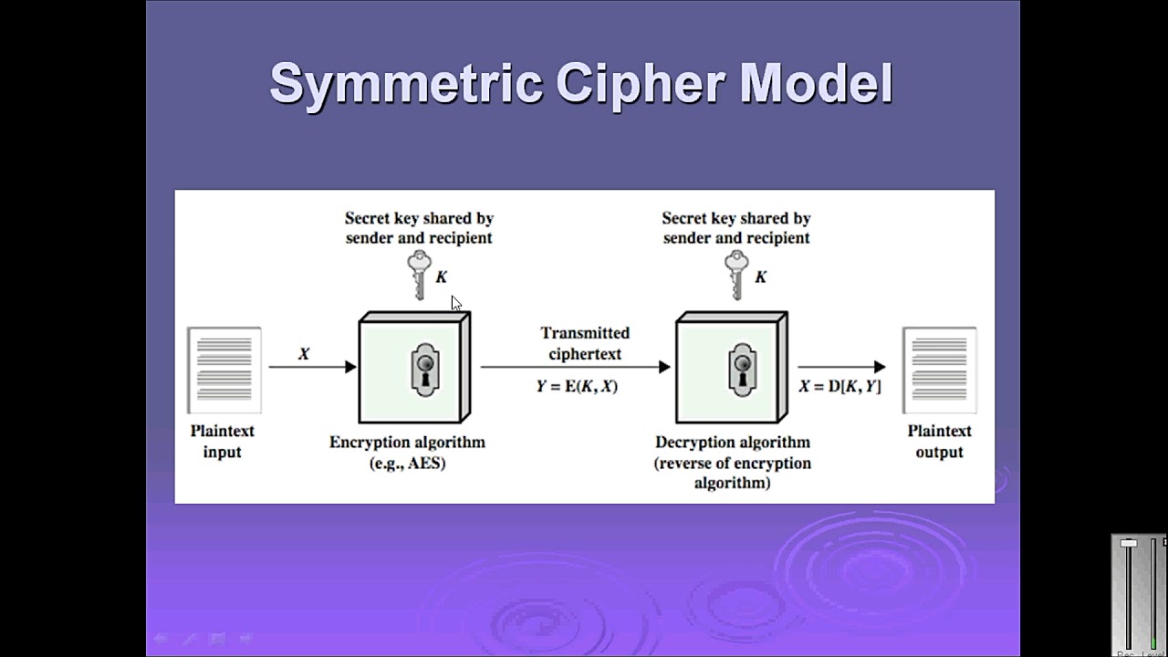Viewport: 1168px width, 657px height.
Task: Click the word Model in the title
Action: [x=816, y=84]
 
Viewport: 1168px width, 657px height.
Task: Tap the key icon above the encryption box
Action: [x=419, y=275]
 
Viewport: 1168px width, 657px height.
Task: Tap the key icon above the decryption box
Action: [x=736, y=275]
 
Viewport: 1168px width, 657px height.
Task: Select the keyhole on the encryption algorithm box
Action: [x=423, y=370]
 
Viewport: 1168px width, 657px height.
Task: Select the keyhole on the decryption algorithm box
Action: [x=741, y=370]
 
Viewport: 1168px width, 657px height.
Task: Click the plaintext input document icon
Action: [x=224, y=370]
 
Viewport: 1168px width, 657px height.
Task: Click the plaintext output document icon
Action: [x=939, y=370]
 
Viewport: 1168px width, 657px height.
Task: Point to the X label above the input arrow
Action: [x=304, y=353]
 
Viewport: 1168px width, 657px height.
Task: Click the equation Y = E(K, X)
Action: [x=577, y=386]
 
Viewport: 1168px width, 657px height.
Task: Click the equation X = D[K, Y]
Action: [x=839, y=386]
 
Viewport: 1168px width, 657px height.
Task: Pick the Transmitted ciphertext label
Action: [x=585, y=343]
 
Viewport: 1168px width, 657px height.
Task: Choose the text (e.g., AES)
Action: [x=407, y=463]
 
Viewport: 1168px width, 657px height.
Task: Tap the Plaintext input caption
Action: [x=222, y=441]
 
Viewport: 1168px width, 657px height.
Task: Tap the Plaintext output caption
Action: [x=939, y=441]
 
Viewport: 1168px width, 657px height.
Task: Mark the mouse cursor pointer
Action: [x=455, y=303]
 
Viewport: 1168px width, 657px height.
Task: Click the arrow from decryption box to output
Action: [x=840, y=367]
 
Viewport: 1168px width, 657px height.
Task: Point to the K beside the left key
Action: [x=442, y=276]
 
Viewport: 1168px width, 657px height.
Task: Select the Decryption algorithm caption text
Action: [x=732, y=443]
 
